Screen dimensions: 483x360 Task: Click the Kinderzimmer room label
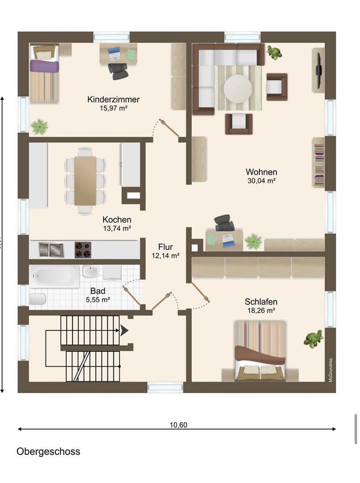(113, 99)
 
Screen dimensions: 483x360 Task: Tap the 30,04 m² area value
(261, 181)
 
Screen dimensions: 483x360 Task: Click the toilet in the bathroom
(38, 299)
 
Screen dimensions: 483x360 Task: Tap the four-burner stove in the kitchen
(82, 250)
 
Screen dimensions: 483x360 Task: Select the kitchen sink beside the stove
(51, 250)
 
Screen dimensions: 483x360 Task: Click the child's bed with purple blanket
(44, 74)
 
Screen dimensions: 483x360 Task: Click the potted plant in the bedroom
(313, 339)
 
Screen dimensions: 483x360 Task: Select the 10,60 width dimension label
(178, 425)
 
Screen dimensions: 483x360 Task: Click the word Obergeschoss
(48, 451)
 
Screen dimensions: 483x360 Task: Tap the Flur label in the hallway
(165, 247)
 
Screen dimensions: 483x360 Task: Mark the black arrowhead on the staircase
(124, 330)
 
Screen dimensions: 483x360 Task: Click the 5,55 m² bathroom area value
(98, 300)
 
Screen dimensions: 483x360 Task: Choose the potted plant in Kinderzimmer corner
(40, 127)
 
